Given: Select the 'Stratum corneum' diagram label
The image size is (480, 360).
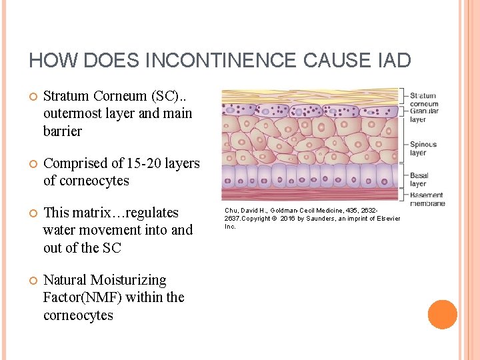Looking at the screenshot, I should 424,99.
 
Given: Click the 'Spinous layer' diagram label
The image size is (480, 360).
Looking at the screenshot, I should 423,148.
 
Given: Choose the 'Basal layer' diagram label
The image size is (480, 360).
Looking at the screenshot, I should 418,179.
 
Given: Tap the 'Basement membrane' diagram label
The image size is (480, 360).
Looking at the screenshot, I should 427,199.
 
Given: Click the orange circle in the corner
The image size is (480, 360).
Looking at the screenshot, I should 443,315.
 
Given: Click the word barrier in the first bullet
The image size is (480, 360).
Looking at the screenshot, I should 62,131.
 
